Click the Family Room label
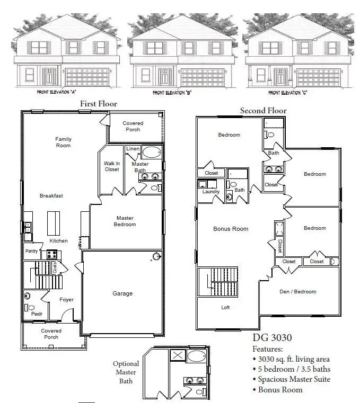click(63, 142)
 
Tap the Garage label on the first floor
click(122, 293)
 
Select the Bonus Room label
click(231, 229)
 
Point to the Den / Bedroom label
click(297, 291)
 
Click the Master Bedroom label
click(125, 221)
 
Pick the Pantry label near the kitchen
click(31, 251)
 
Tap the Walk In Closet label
click(111, 166)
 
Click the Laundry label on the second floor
click(210, 192)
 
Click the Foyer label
click(66, 300)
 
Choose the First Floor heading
click(98, 104)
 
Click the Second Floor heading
click(263, 111)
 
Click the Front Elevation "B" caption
click(172, 93)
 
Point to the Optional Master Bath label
click(126, 372)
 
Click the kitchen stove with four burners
click(51, 254)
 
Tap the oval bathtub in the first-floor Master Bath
click(151, 154)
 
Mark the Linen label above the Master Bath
click(133, 149)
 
